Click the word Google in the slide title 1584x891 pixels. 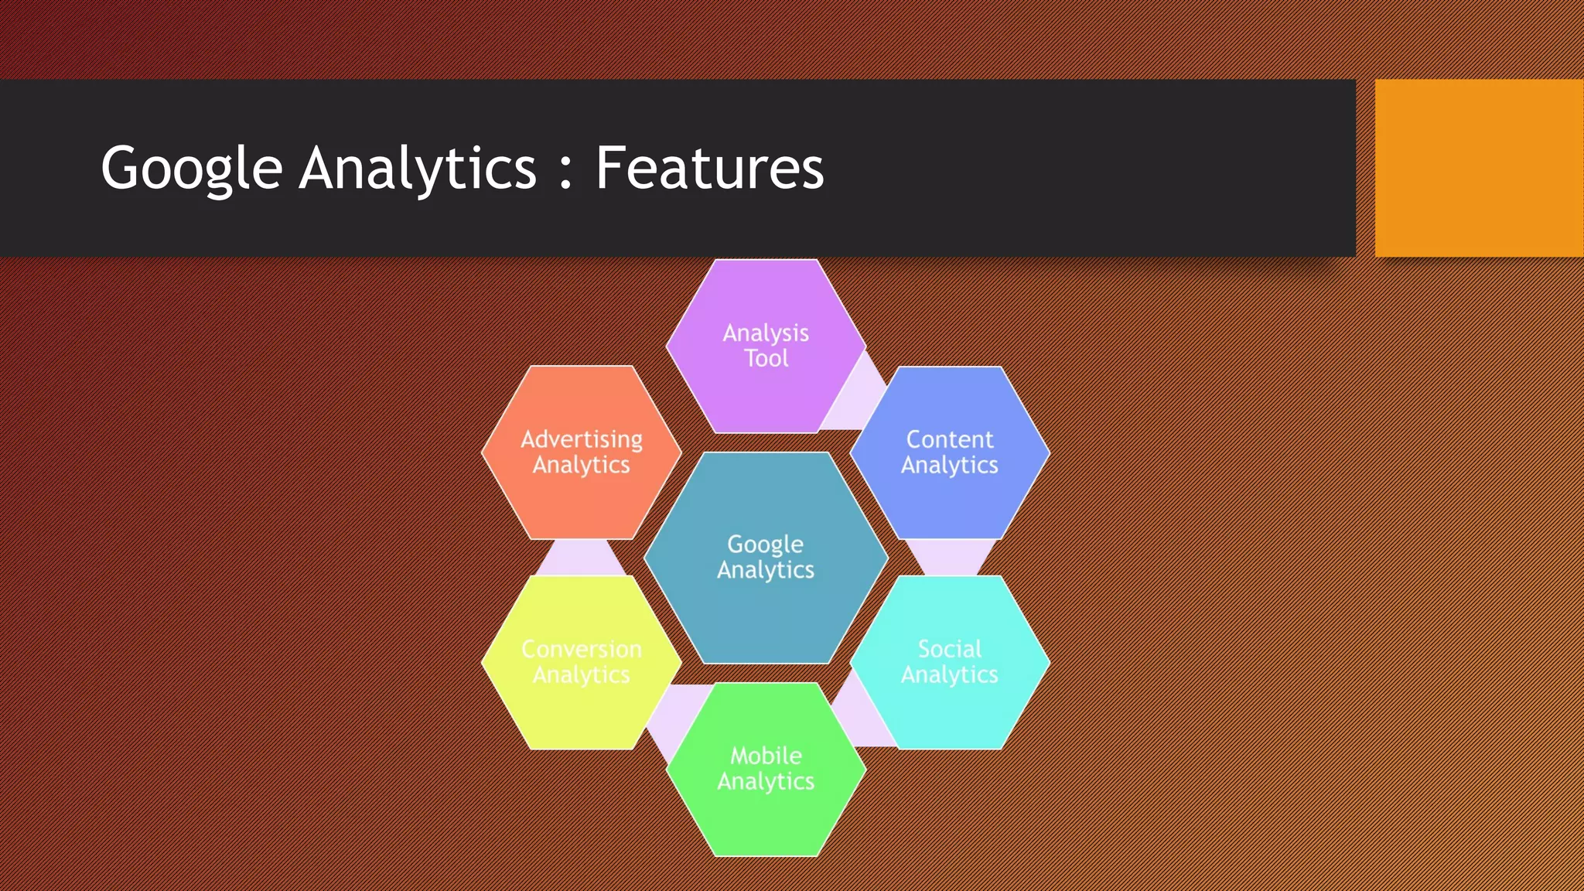[191, 169]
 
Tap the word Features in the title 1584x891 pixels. [708, 169]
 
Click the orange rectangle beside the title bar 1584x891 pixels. [1478, 168]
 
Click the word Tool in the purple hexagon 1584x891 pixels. [766, 359]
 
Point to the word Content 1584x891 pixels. [949, 439]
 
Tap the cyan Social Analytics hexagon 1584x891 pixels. [950, 712]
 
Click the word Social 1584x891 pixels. [949, 649]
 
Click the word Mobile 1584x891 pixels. [766, 756]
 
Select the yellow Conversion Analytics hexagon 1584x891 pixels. [581, 712]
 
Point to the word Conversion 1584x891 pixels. [581, 649]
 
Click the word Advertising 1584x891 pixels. [581, 439]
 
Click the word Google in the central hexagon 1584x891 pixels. [765, 544]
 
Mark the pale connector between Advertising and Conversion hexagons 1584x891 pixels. [580, 558]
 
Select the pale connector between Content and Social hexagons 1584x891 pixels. [950, 558]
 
